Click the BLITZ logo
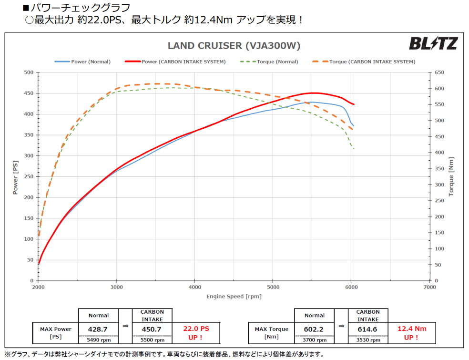coord(433,44)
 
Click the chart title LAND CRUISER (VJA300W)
coord(234,46)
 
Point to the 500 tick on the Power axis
coord(29,72)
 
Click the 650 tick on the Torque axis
coord(438,72)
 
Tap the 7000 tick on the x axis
coord(429,288)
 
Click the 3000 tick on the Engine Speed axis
coord(116,288)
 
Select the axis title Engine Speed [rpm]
coord(234,296)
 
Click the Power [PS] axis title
coord(15,176)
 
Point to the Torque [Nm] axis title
coord(451,176)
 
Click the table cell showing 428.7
coord(98,329)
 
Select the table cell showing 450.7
coord(152,329)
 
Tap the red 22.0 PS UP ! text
coord(196,333)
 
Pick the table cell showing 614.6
coord(368,329)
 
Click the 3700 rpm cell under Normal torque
coord(314,340)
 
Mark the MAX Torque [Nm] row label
coord(271,333)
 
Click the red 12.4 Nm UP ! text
coord(411,333)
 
